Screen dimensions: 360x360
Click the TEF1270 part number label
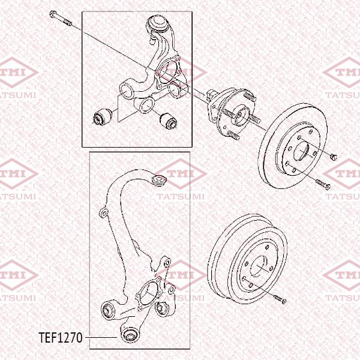pos(60,338)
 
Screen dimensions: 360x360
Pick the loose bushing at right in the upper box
pos(171,120)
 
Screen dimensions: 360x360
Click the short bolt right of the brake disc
pos(334,157)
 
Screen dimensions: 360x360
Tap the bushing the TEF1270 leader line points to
pos(130,333)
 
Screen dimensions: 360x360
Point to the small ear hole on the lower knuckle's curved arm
pos(103,212)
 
